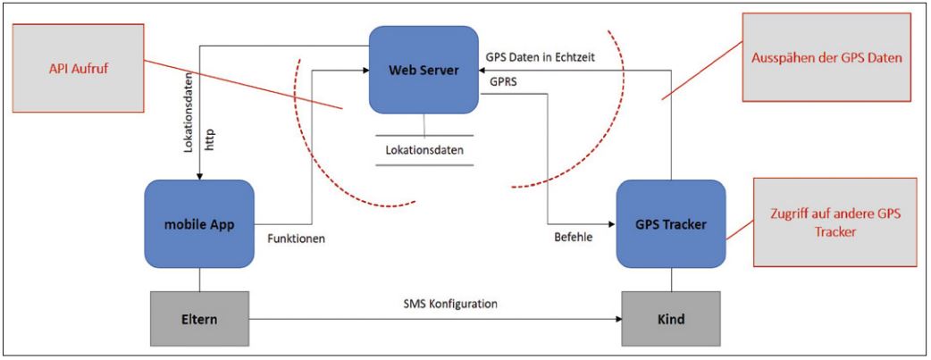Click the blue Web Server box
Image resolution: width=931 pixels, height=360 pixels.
423,70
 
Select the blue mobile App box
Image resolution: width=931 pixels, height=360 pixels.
198,224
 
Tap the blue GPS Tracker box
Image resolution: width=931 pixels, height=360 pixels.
670,224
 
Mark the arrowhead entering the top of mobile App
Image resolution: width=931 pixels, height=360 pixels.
199,175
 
